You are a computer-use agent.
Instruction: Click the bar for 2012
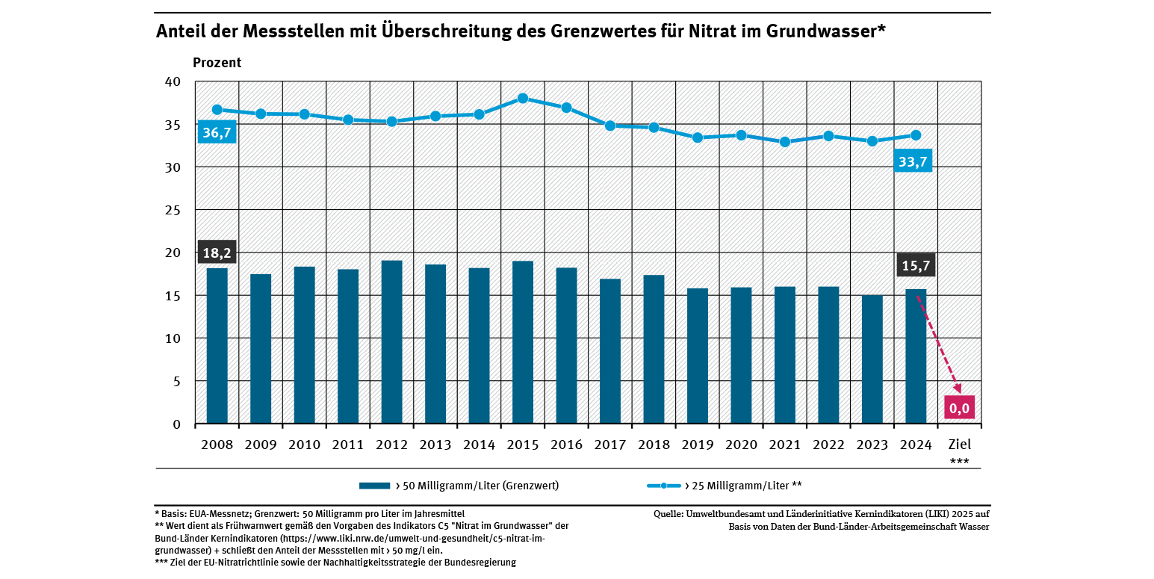point(391,342)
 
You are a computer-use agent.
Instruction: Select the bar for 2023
point(872,359)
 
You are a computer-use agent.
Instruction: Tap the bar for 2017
point(609,351)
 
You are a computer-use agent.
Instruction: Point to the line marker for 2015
point(523,99)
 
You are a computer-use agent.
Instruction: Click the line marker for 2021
point(784,142)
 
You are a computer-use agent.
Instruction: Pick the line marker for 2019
point(697,137)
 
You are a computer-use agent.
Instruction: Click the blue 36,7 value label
point(217,132)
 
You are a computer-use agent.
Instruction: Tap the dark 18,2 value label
point(217,252)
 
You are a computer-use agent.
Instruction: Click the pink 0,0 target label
point(958,407)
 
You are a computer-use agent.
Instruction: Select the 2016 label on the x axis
point(566,445)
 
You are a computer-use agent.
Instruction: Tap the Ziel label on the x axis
point(959,445)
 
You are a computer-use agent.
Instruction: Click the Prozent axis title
point(217,63)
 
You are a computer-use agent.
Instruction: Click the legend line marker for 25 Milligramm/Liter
point(663,486)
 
